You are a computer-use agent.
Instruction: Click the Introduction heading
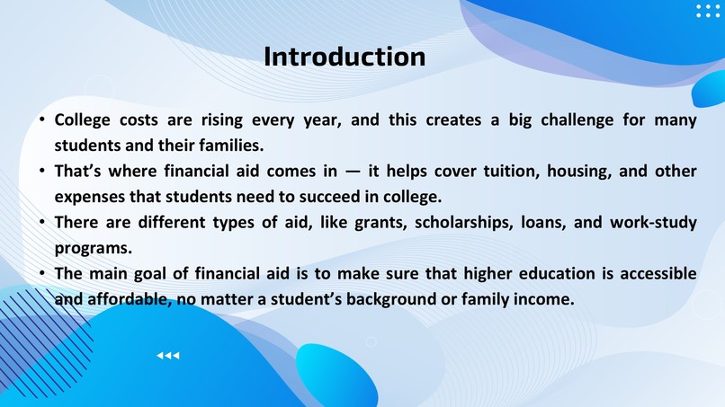coord(345,57)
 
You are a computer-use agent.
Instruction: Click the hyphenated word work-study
coord(653,222)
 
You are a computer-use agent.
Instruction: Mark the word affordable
coord(126,297)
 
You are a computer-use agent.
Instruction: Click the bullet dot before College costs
coord(41,120)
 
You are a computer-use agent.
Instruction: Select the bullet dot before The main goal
coord(41,273)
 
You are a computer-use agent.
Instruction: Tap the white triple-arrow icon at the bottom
coord(168,357)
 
